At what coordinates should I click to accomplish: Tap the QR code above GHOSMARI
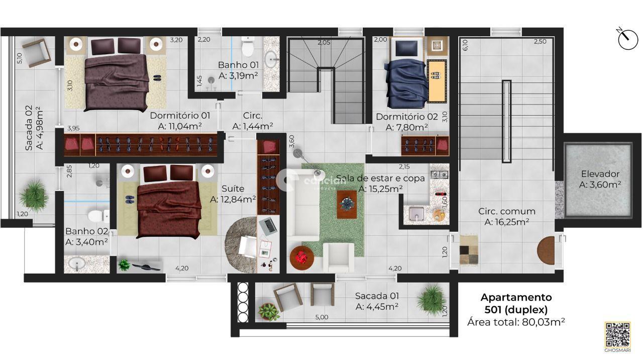click(617, 333)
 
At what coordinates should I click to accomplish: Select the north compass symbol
click(627, 39)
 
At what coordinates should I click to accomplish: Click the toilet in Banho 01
click(248, 48)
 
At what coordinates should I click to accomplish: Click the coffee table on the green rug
click(347, 204)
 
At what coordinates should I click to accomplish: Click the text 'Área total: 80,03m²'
click(516, 322)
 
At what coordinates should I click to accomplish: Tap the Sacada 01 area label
click(377, 301)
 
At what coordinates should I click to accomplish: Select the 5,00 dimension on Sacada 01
click(321, 317)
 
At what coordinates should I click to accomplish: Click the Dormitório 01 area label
click(180, 121)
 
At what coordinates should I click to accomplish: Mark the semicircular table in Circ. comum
click(546, 250)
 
